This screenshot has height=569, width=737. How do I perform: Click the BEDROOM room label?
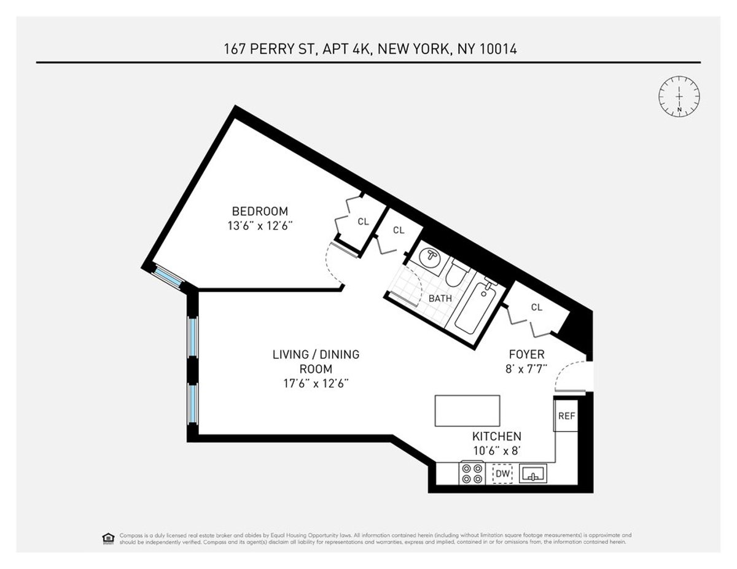259,211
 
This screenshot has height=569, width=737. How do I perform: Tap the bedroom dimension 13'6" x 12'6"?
259,225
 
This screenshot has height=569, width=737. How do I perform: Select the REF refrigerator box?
566,416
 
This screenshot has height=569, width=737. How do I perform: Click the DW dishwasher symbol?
502,474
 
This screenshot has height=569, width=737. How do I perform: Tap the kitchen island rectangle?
467,411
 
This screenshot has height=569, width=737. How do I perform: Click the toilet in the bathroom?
455,274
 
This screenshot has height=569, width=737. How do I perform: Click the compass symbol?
679,96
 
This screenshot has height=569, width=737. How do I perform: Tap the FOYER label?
526,355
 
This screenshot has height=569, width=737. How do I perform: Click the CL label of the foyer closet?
536,308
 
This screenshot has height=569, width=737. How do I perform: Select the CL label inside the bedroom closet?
363,222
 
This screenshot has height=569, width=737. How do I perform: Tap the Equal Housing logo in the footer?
108,538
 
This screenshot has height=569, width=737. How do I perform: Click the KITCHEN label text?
496,436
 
